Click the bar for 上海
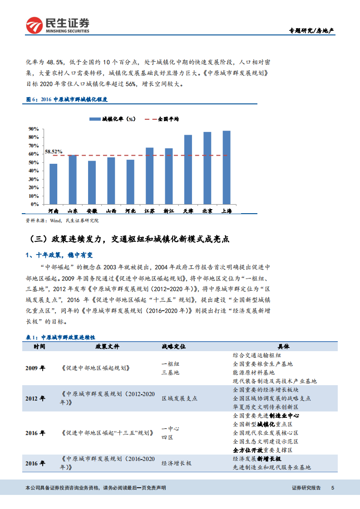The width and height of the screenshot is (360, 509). tap(227, 167)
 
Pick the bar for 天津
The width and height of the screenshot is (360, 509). tap(188, 169)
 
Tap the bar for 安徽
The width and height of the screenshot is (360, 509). tap(92, 182)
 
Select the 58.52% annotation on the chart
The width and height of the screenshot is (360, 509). tap(54, 152)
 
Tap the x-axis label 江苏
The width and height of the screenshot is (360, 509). tap(149, 211)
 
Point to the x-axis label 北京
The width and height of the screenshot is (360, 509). tap(207, 211)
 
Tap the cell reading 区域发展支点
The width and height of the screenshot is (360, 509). tap(180, 398)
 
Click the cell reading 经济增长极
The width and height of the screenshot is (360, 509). tap(177, 463)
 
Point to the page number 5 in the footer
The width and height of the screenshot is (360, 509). tap(333, 488)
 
